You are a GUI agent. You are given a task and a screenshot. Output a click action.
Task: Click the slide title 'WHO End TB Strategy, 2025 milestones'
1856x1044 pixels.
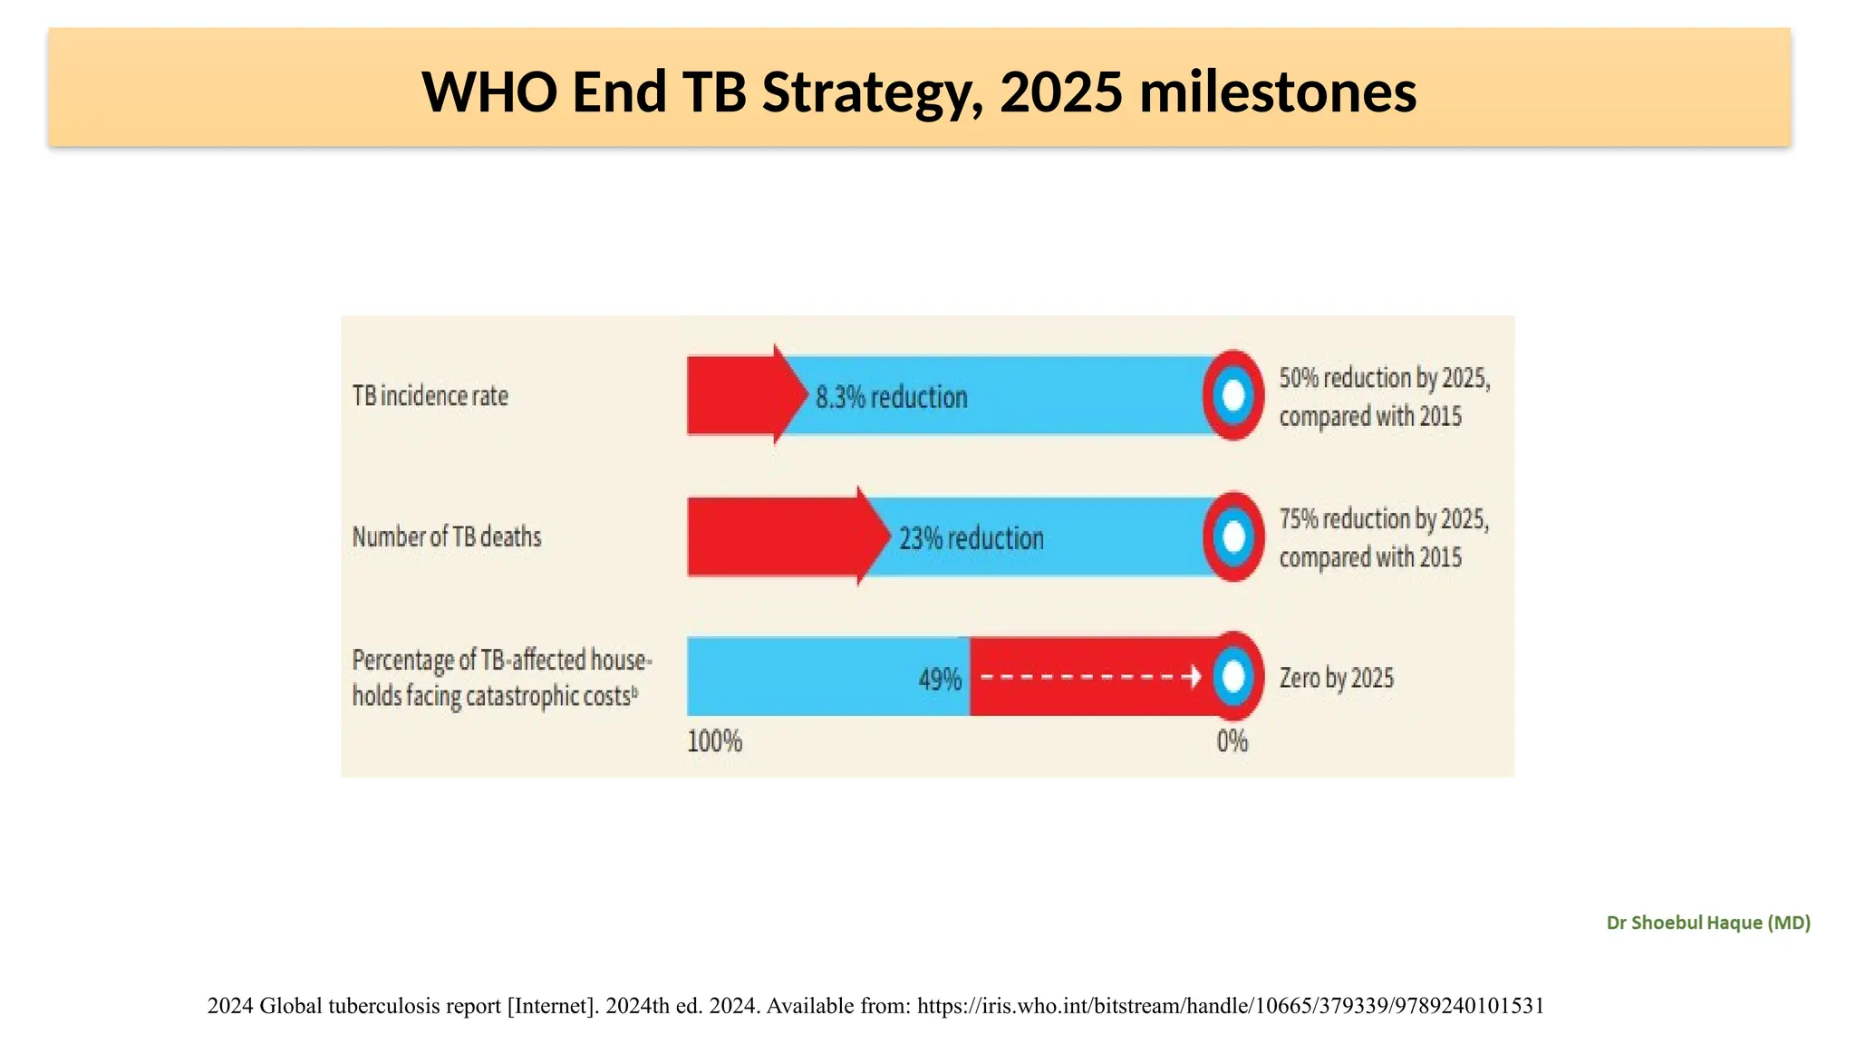pos(919,92)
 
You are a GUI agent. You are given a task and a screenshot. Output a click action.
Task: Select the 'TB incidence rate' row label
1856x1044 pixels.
pos(430,396)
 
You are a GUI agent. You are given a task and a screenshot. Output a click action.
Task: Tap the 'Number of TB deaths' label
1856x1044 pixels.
pos(446,536)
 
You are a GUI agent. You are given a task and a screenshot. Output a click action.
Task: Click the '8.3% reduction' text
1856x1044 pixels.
pos(891,397)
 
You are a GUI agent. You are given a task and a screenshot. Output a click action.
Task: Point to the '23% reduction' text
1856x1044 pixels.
pos(971,538)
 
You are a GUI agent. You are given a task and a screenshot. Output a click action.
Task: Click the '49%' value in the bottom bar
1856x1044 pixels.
pos(940,679)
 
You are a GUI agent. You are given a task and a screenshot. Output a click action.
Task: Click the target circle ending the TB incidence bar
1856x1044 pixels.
pos(1233,395)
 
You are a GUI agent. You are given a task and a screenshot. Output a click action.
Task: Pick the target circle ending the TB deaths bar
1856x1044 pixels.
pos(1233,536)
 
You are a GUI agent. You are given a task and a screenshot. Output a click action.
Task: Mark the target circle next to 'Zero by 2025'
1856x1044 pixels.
pos(1233,677)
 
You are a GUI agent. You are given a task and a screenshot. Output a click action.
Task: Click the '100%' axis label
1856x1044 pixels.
pos(714,741)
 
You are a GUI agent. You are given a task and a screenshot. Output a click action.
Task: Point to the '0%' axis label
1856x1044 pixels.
pos(1232,741)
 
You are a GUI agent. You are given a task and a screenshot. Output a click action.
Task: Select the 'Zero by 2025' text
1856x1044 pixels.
pos(1336,678)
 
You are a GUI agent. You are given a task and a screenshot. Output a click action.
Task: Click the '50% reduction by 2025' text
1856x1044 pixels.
pos(1384,378)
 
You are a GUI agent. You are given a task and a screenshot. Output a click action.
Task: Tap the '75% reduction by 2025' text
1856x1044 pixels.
pos(1384,519)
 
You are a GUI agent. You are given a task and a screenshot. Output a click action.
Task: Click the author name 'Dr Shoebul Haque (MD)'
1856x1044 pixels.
pos(1707,923)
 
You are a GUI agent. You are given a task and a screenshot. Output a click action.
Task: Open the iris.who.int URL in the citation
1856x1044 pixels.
pos(1231,1006)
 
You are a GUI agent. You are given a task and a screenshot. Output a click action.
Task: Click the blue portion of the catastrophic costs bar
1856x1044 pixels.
pos(807,677)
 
